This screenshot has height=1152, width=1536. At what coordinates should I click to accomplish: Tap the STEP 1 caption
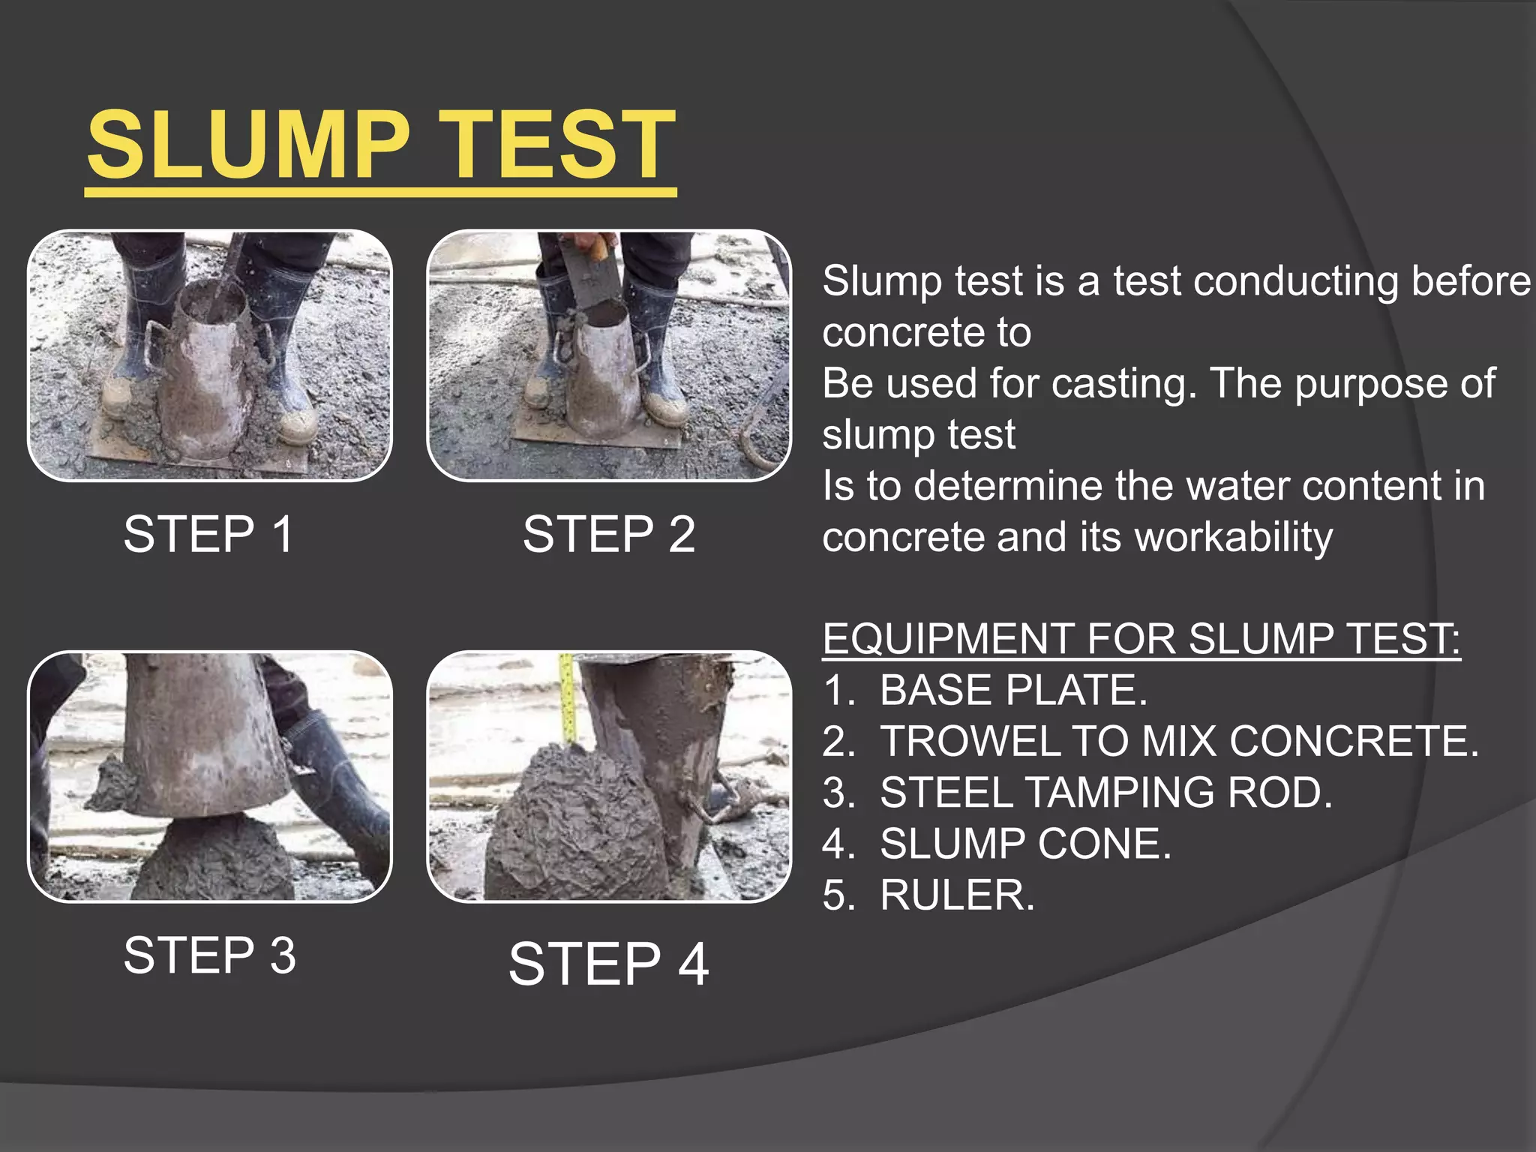pyautogui.click(x=208, y=535)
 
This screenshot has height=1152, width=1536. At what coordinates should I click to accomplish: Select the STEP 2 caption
pyautogui.click(x=609, y=535)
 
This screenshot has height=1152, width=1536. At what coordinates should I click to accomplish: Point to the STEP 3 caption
pyautogui.click(x=210, y=955)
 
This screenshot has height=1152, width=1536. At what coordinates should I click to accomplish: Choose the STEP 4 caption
pyautogui.click(x=609, y=964)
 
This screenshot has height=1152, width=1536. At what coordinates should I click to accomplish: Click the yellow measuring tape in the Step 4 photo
pyautogui.click(x=568, y=697)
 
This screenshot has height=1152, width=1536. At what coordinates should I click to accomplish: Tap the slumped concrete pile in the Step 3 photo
pyautogui.click(x=214, y=859)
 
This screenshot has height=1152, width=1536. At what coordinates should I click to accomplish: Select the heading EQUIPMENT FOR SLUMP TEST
pyautogui.click(x=1140, y=639)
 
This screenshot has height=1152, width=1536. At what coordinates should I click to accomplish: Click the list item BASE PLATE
pyautogui.click(x=1012, y=690)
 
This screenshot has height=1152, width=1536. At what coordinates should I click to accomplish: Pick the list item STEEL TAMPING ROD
pyautogui.click(x=1105, y=793)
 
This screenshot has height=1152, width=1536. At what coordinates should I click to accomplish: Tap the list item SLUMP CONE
pyautogui.click(x=1024, y=844)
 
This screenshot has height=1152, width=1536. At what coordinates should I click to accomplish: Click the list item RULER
pyautogui.click(x=957, y=895)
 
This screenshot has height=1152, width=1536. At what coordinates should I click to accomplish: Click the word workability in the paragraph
pyautogui.click(x=1234, y=537)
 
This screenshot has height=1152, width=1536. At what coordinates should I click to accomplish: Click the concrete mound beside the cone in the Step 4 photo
pyautogui.click(x=570, y=825)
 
